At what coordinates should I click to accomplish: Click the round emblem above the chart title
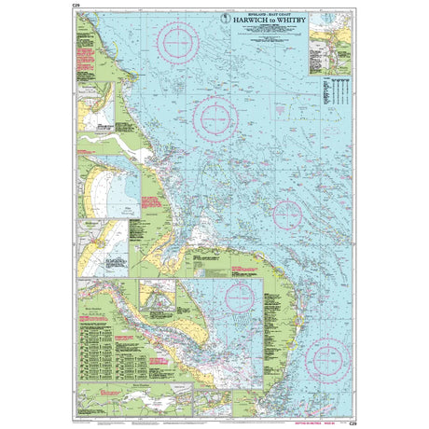tap(223, 13)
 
